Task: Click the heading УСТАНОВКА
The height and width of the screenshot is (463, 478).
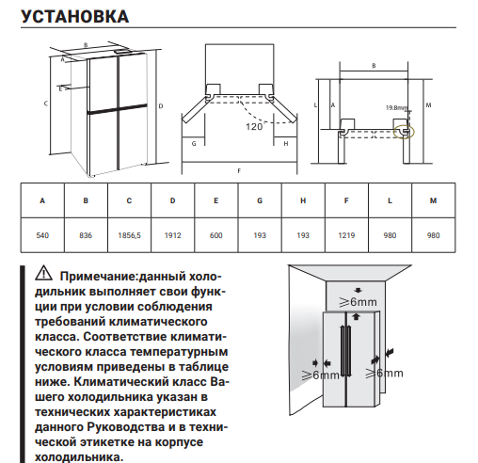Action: click(x=74, y=17)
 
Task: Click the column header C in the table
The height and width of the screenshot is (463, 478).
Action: click(x=129, y=201)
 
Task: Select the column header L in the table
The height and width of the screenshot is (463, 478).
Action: click(x=389, y=201)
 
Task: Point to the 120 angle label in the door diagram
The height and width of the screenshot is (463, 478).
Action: click(x=254, y=125)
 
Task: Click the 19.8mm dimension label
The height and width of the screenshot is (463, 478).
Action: click(x=395, y=107)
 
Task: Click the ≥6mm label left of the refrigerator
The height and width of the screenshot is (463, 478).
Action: click(x=321, y=374)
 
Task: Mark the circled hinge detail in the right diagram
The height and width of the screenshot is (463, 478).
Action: click(x=405, y=125)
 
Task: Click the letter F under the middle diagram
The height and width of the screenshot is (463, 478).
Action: click(x=239, y=170)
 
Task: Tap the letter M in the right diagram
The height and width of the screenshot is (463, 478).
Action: click(x=429, y=105)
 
